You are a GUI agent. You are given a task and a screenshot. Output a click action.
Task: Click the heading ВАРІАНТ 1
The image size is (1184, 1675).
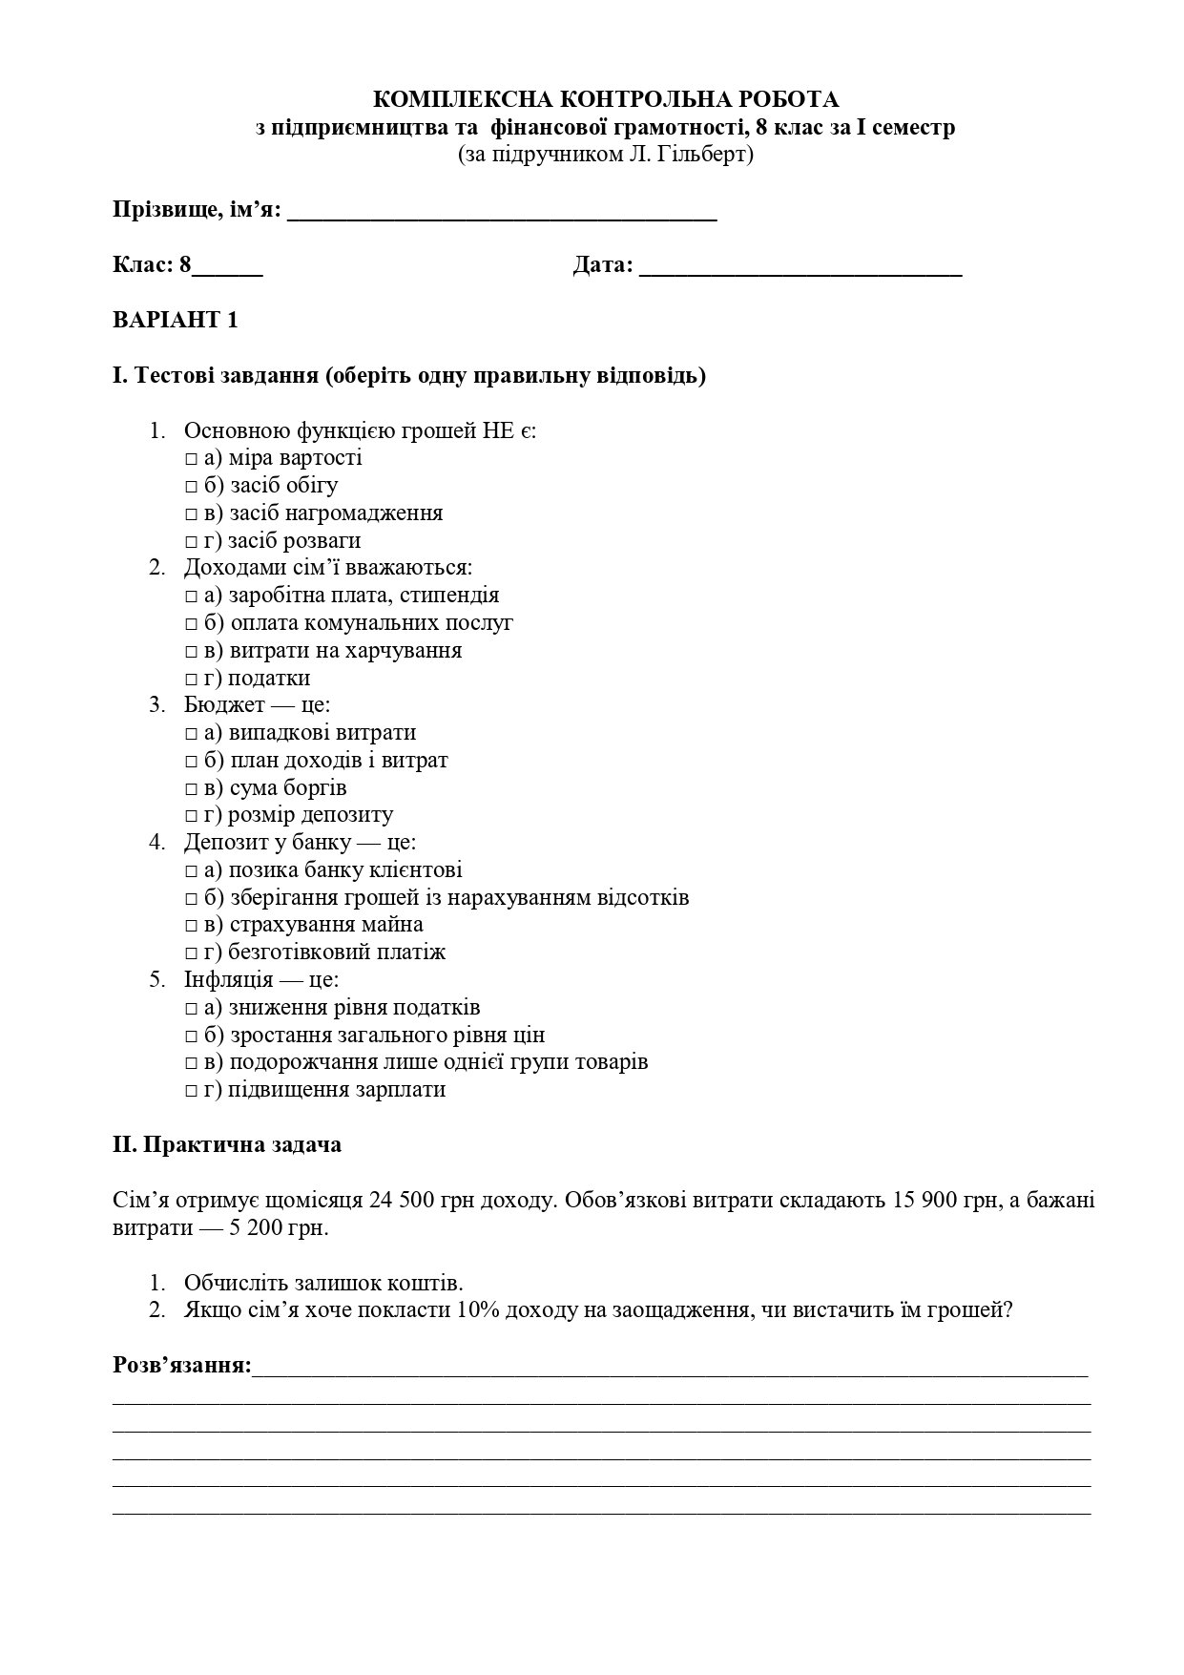175,320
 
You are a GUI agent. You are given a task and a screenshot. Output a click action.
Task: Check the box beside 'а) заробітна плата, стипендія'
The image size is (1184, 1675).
191,597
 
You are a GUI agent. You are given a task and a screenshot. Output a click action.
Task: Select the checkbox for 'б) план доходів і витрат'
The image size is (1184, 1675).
191,762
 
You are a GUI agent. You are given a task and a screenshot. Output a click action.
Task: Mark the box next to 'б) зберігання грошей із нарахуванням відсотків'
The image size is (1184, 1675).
191,899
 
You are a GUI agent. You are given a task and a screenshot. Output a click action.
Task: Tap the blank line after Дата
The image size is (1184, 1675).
800,267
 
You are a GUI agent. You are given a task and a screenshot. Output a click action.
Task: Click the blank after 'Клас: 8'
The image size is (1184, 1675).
227,267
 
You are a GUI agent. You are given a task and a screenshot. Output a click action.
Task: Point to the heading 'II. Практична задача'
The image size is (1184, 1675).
227,1144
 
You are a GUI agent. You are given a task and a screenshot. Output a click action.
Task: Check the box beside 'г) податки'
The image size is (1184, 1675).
191,680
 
